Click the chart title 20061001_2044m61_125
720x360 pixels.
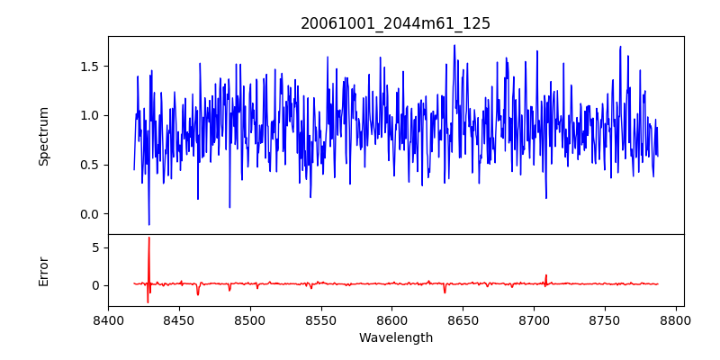coord(395,23)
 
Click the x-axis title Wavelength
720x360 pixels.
coord(395,338)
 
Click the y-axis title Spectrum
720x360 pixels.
coord(43,136)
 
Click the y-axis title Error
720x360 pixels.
coord(43,271)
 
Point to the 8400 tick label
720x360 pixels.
coord(108,319)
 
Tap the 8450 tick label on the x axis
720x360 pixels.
coord(179,319)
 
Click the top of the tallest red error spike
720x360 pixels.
coord(149,238)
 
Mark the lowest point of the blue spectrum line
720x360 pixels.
coord(149,224)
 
